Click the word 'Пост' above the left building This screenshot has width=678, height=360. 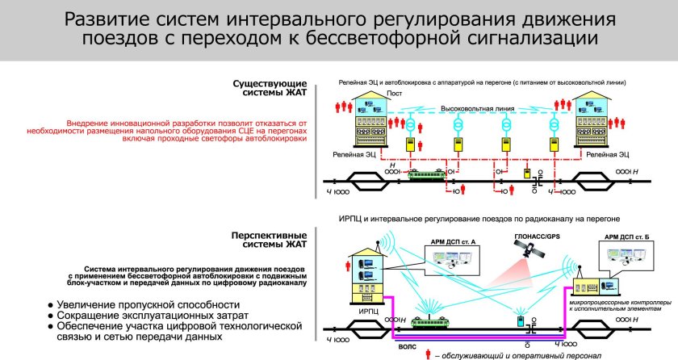pos(395,94)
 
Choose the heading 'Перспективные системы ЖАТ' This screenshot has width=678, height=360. pos(268,241)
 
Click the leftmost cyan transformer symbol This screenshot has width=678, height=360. pos(410,126)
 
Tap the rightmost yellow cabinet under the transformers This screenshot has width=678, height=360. pos(554,144)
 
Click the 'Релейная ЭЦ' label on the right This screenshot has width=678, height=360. pos(612,153)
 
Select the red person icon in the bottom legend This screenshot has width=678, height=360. pos(427,352)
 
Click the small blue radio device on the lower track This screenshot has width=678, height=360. pos(521,321)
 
